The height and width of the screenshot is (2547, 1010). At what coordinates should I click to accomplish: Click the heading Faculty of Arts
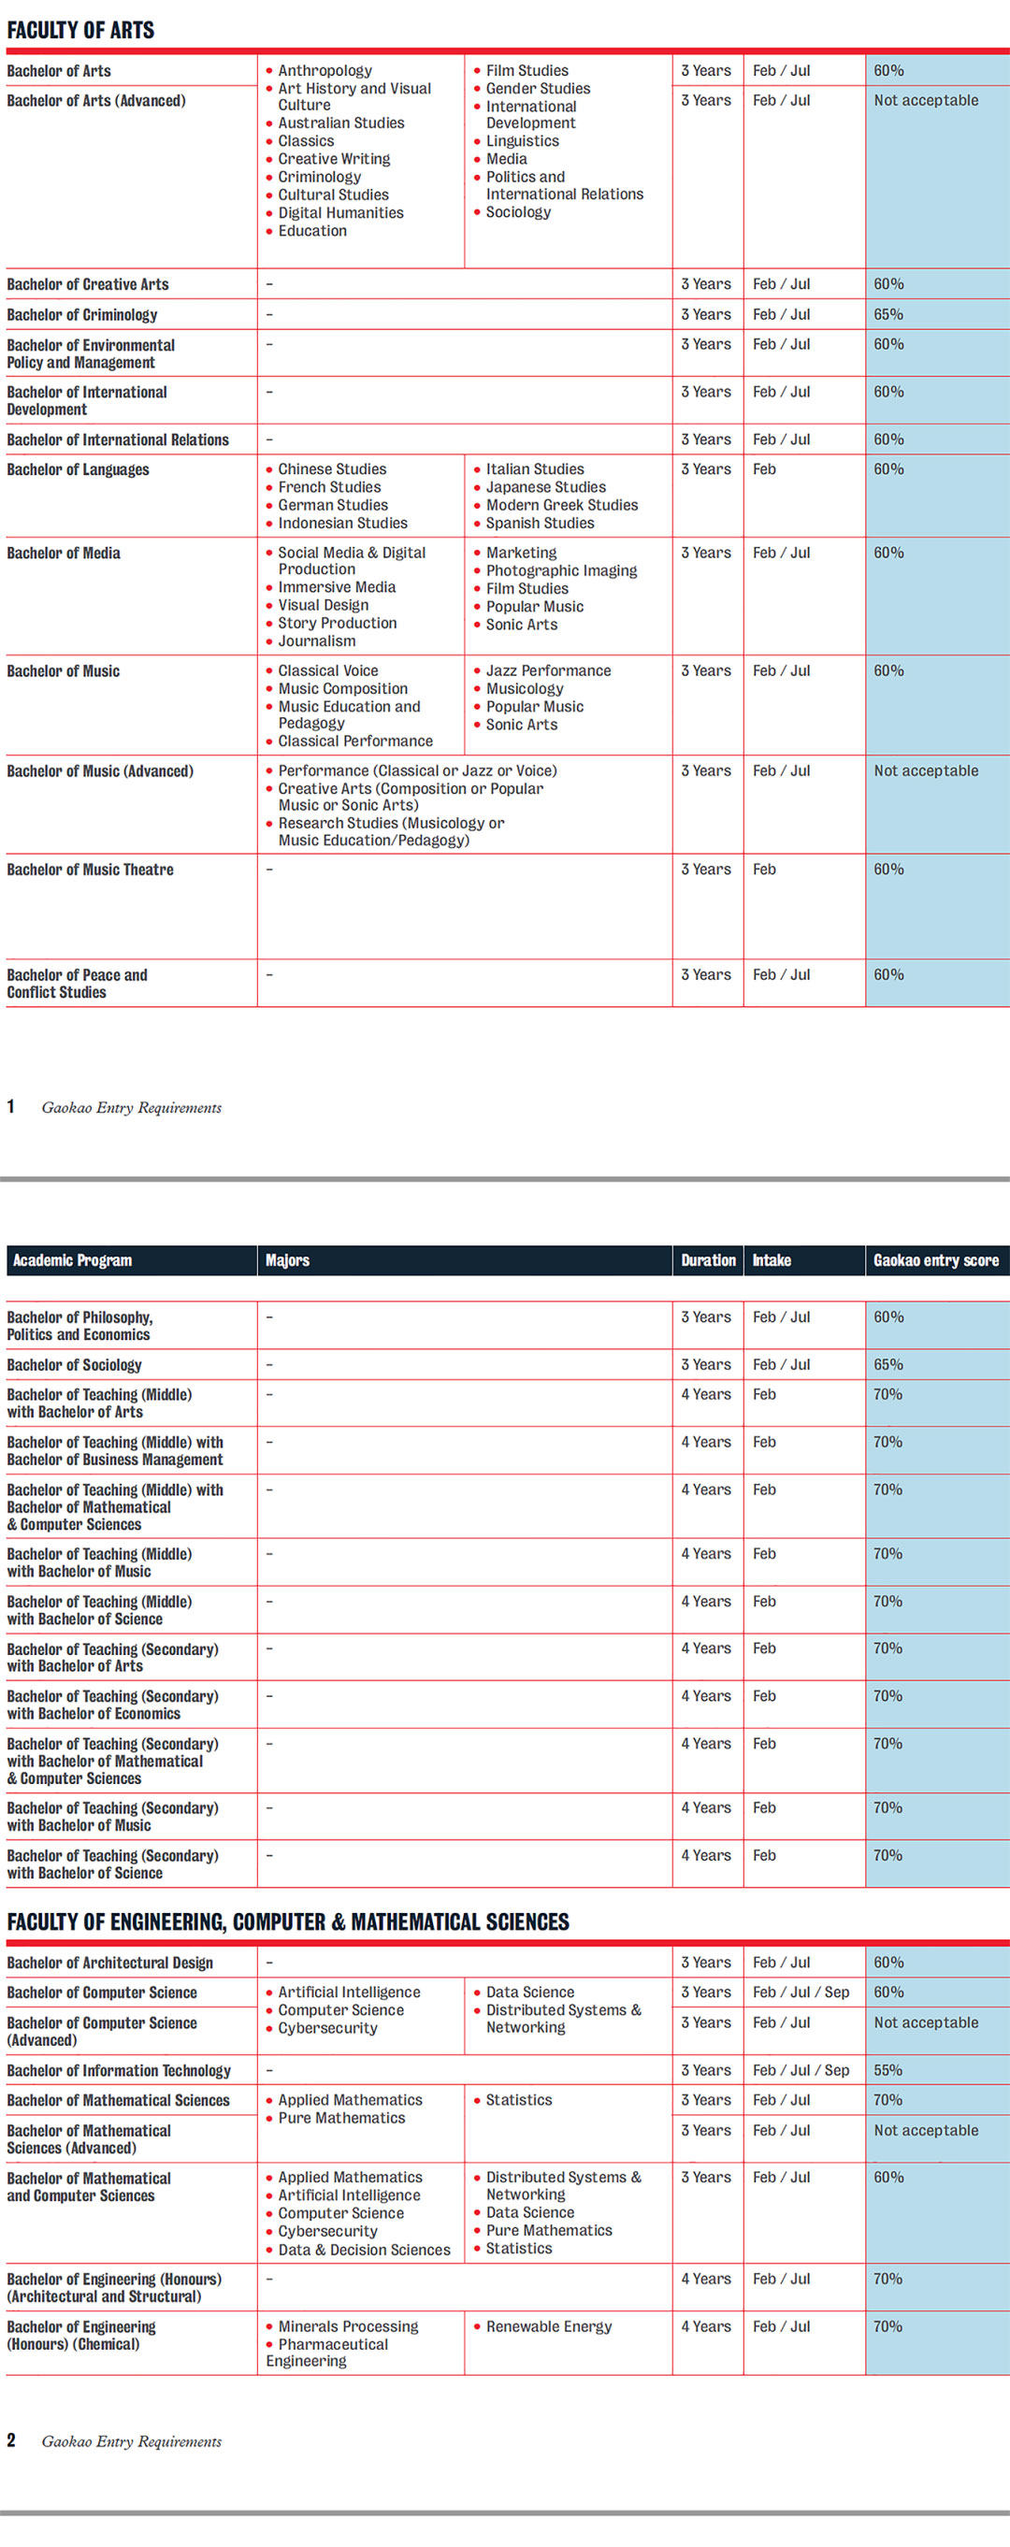pyautogui.click(x=80, y=30)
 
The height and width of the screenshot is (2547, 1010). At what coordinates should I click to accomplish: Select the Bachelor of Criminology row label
pyautogui.click(x=82, y=314)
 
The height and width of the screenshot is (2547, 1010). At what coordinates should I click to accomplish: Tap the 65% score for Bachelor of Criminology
pyautogui.click(x=887, y=314)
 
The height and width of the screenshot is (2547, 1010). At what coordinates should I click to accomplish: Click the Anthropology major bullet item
pyautogui.click(x=325, y=70)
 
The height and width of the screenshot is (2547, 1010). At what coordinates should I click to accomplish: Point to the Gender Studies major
pyautogui.click(x=537, y=88)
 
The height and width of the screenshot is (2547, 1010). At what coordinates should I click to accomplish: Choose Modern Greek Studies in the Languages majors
pyautogui.click(x=561, y=504)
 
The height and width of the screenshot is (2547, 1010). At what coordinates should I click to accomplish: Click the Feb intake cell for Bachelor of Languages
pyautogui.click(x=764, y=468)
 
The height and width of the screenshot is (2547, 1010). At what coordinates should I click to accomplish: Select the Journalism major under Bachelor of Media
pyautogui.click(x=316, y=640)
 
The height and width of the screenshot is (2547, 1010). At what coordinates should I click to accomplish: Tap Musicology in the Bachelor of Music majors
pyautogui.click(x=525, y=688)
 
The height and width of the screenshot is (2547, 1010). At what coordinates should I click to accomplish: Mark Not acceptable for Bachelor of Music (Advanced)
pyautogui.click(x=925, y=770)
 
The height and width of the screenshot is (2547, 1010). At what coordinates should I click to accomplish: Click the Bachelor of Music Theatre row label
pyautogui.click(x=90, y=870)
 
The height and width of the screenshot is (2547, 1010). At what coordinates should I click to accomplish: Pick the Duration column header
pyautogui.click(x=707, y=1259)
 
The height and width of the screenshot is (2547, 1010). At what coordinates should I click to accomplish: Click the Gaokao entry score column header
pyautogui.click(x=935, y=1259)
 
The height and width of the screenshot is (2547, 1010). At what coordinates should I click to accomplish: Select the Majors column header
pyautogui.click(x=287, y=1259)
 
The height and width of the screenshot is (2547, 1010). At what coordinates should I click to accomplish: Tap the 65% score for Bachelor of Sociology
pyautogui.click(x=887, y=1364)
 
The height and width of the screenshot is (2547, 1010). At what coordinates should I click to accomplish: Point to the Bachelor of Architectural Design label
pyautogui.click(x=109, y=1962)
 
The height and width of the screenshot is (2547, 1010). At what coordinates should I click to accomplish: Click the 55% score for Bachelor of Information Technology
pyautogui.click(x=887, y=2069)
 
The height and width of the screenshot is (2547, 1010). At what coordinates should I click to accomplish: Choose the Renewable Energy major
pyautogui.click(x=548, y=2325)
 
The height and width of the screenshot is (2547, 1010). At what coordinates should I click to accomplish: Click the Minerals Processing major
pyautogui.click(x=347, y=2325)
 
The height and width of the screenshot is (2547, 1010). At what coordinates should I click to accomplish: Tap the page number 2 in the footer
pyautogui.click(x=11, y=2440)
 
